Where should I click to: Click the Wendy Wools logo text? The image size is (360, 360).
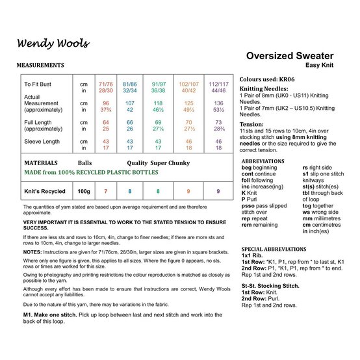53,44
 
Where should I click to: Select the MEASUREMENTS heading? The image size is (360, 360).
40,66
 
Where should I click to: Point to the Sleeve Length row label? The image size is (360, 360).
42,140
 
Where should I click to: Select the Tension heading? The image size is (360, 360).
252,123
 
